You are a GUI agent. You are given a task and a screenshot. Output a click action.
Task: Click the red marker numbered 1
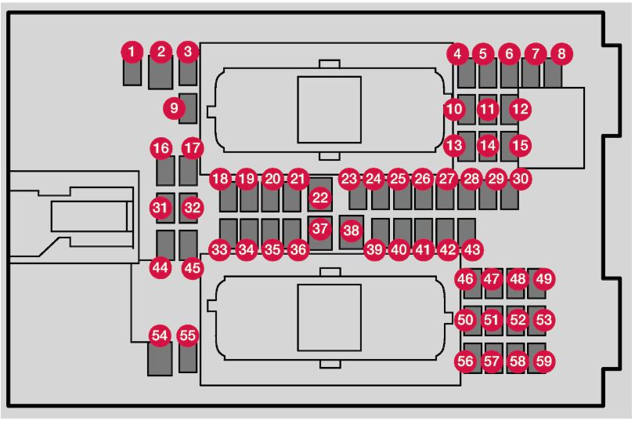[x=132, y=52]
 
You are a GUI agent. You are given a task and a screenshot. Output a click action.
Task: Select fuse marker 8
[x=561, y=53]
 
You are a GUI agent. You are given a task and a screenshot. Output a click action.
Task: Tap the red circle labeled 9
[x=174, y=108]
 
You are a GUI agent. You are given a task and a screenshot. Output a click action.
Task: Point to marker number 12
[x=521, y=109]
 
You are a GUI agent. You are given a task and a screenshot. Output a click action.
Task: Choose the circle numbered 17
[x=193, y=148]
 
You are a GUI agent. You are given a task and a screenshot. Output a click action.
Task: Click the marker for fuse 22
[x=320, y=198]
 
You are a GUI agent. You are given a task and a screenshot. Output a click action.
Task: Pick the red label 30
[x=521, y=179]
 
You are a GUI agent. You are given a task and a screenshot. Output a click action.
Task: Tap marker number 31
[x=160, y=208]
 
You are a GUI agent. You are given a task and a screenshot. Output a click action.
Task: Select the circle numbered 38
[x=351, y=230]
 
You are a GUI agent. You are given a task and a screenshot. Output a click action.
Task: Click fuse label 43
[x=472, y=249]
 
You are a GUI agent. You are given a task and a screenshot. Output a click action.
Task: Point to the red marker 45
[x=193, y=268]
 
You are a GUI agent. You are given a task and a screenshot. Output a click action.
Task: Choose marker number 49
[x=544, y=278]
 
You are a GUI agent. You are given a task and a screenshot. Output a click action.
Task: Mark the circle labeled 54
[x=160, y=336]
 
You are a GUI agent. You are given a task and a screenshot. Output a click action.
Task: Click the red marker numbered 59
[x=544, y=361]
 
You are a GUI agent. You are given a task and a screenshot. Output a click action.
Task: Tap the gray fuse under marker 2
[x=161, y=73]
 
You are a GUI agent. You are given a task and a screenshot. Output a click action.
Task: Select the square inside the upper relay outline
[x=329, y=110]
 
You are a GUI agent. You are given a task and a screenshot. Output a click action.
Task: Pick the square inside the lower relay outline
[x=329, y=318]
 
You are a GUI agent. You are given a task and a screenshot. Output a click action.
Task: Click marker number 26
[x=422, y=179]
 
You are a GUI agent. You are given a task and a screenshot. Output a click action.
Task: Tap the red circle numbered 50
[x=465, y=320]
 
